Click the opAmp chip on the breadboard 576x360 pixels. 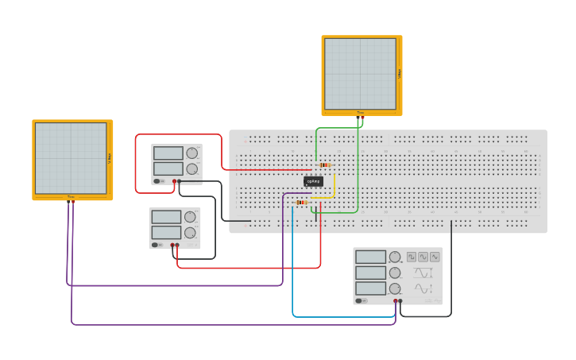click(314, 181)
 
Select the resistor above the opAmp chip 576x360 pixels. click(325, 165)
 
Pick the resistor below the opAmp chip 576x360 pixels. click(301, 203)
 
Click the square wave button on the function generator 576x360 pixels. click(412, 257)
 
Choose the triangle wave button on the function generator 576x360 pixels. click(423, 257)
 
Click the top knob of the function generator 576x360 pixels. click(395, 257)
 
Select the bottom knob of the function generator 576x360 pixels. click(395, 288)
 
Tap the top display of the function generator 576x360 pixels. click(370, 257)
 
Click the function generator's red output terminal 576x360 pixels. click(395, 301)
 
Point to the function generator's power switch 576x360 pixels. click(360, 300)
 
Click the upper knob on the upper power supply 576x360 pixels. click(191, 153)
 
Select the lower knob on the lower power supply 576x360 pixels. click(190, 233)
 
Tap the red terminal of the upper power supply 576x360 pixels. click(174, 181)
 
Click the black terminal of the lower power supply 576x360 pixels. click(177, 245)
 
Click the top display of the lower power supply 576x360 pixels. click(166, 217)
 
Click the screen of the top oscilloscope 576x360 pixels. click(360, 74)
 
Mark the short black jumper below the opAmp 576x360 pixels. click(315, 212)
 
